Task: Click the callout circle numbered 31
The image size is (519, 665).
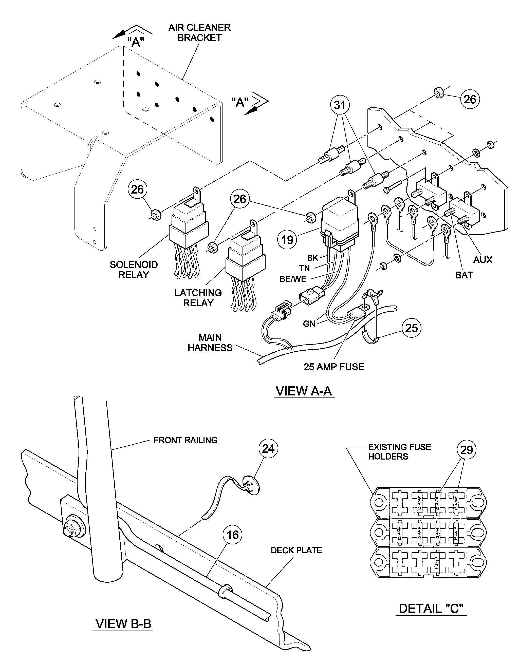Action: pos(340,105)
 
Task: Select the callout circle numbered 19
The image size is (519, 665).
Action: pos(287,240)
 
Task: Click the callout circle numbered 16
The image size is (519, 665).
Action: pos(233,535)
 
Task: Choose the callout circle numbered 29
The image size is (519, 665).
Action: pos(466,450)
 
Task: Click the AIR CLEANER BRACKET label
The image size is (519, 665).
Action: pos(199,33)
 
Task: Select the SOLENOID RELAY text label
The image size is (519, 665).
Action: pos(134,270)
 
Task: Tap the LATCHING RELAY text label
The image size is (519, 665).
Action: pos(198,298)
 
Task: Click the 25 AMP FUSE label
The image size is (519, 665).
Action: pos(334,367)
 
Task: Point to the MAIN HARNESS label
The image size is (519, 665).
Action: pos(210,343)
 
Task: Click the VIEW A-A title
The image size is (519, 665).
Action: pos(304,391)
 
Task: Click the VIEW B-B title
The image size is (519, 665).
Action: pos(123,624)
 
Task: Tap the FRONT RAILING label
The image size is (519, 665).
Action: pos(185,440)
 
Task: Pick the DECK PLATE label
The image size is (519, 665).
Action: pos(296,550)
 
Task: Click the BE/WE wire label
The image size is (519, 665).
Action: pos(293,279)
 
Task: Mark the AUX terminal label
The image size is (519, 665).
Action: pos(483,260)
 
